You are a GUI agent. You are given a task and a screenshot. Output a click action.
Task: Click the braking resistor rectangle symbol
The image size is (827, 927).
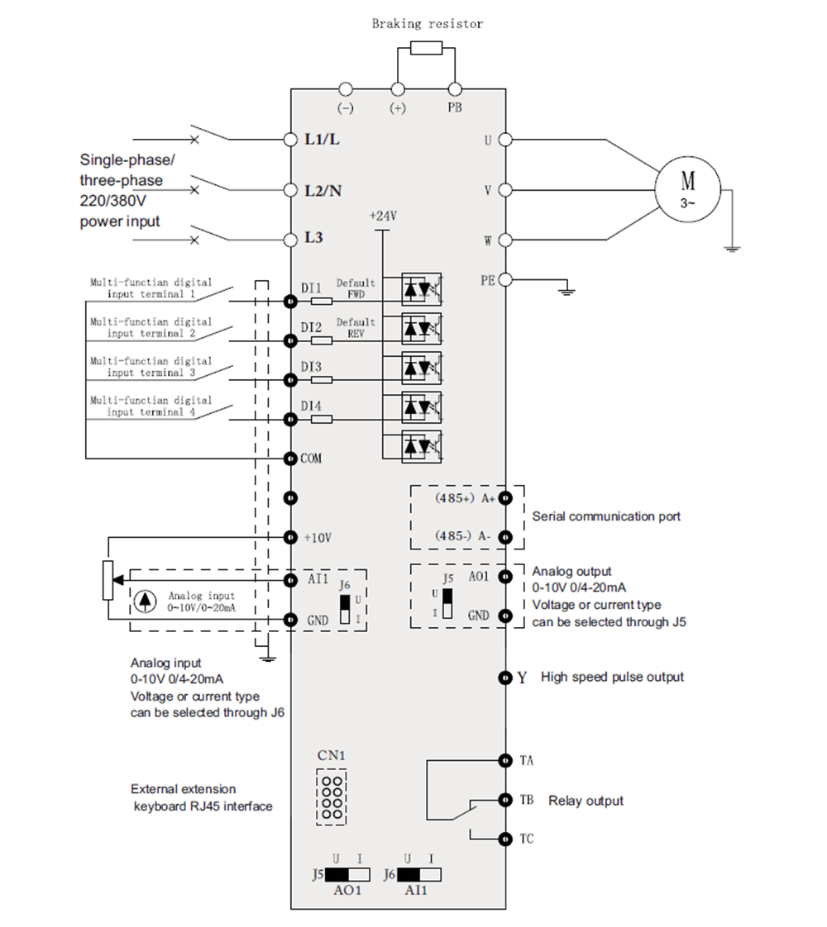coord(426,47)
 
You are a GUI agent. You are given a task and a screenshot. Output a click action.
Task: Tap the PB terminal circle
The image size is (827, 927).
coord(454,89)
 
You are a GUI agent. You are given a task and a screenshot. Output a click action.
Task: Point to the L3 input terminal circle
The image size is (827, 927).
coord(290,240)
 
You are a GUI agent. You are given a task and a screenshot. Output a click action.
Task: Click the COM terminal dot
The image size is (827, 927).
coord(290,458)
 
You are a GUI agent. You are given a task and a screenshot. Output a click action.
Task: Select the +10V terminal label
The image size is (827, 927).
coord(318,537)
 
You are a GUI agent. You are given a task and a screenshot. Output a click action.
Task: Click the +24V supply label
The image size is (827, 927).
coord(383,216)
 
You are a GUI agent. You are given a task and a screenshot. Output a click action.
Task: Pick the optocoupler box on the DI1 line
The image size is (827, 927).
coord(422,288)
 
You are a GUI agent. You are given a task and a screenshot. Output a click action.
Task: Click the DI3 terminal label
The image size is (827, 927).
coord(312,366)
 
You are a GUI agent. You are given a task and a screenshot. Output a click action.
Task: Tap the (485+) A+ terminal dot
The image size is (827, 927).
coord(504,497)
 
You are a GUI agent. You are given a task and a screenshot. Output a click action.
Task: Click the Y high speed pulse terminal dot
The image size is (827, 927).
coord(504,677)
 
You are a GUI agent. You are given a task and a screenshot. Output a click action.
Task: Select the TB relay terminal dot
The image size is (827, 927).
coord(504,800)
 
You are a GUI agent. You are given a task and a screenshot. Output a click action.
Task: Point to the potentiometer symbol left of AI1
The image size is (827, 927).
coord(108,580)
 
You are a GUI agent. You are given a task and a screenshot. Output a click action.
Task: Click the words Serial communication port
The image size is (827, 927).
coord(606,516)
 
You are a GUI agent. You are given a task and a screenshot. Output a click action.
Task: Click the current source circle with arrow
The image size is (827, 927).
coord(146,601)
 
